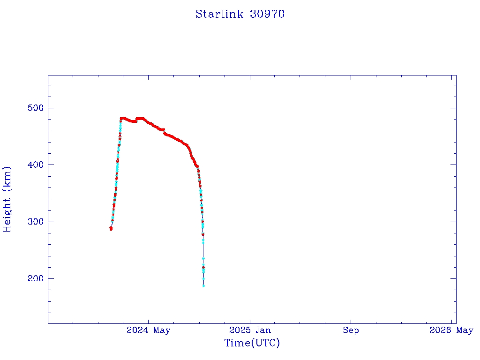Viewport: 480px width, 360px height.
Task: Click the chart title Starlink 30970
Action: [240, 14]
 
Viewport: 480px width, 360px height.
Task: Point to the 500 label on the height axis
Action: [35, 108]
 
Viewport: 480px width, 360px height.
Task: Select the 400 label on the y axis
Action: [35, 165]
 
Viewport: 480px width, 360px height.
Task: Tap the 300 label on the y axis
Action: [35, 222]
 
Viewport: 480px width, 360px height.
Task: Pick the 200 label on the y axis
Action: [35, 279]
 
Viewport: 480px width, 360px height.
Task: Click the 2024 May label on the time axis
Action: [148, 330]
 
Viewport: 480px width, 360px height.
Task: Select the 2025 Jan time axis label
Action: [250, 330]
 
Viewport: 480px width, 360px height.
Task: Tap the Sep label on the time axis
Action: [351, 330]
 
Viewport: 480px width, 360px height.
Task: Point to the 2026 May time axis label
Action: [451, 330]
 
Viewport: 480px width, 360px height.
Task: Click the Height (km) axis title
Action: [7, 199]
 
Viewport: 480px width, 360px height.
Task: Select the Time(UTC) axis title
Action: [252, 343]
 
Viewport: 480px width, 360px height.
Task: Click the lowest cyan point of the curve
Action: [203, 285]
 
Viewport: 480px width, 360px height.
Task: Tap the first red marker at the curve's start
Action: [111, 229]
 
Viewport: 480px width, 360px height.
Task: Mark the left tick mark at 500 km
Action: [51, 108]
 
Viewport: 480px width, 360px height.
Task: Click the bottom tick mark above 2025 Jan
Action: [249, 320]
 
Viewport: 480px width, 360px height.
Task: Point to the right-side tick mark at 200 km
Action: [453, 278]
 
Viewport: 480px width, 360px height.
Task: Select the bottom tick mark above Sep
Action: [351, 320]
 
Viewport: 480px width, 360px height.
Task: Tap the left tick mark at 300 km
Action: [51, 222]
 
